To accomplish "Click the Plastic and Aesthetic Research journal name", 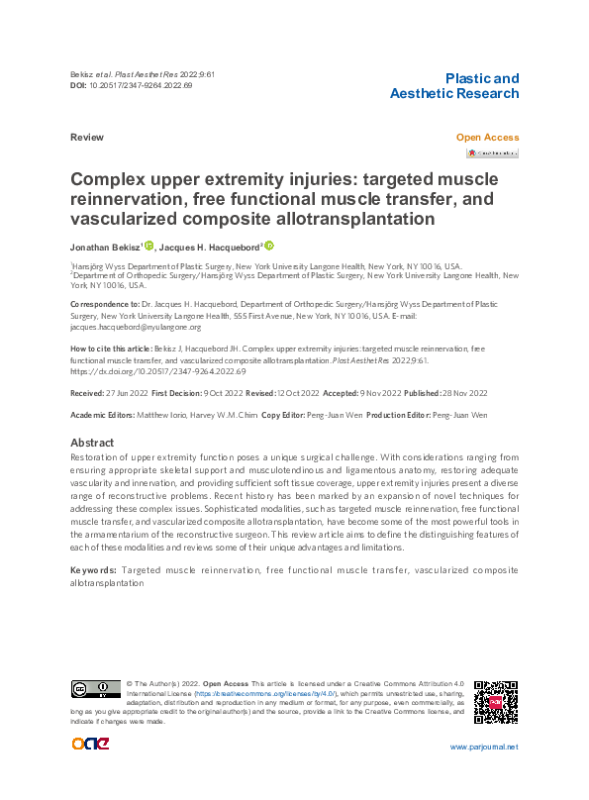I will (454, 86).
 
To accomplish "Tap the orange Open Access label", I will (486, 138).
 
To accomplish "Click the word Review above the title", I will (86, 138).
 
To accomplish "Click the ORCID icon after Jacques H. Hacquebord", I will (269, 246).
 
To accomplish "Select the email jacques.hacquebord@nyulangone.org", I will (136, 327).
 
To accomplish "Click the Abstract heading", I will (92, 443).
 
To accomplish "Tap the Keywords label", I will (95, 571).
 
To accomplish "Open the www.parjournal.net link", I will (483, 748).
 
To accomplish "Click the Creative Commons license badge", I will (94, 689).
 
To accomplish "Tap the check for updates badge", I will (492, 153).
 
